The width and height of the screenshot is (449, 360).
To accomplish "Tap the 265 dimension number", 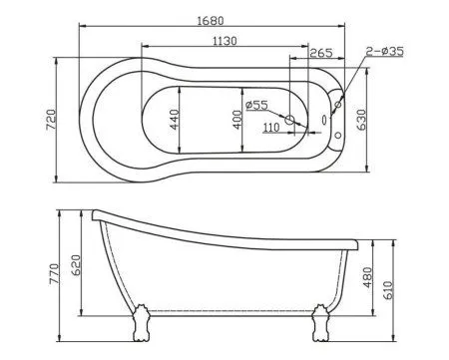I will (x=320, y=53).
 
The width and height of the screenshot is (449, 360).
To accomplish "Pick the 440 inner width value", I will (x=173, y=122).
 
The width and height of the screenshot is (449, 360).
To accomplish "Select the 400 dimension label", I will (x=236, y=120).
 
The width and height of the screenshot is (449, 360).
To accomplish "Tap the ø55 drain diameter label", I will (x=256, y=105).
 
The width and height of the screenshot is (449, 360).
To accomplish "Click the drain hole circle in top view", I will (x=290, y=121).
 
